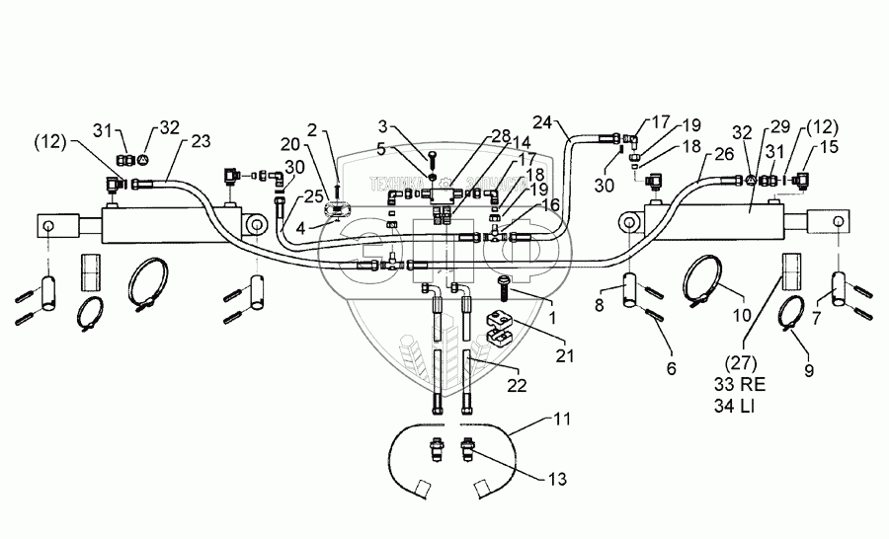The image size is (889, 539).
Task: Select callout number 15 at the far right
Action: coord(829,146)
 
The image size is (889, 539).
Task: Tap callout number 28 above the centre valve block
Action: coord(501,134)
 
